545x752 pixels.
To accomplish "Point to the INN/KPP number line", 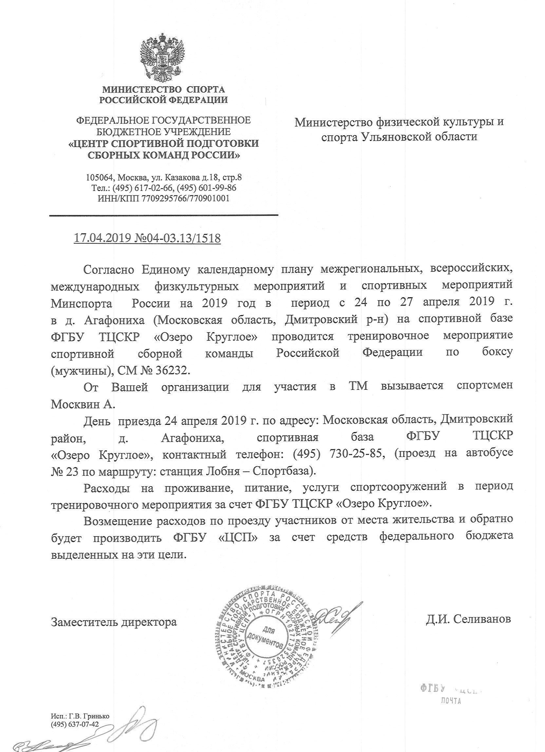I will pyautogui.click(x=163, y=198).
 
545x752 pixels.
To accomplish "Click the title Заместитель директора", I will pyautogui.click(x=114, y=621).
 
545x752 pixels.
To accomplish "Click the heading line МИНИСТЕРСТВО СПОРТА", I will pyautogui.click(x=163, y=89).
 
